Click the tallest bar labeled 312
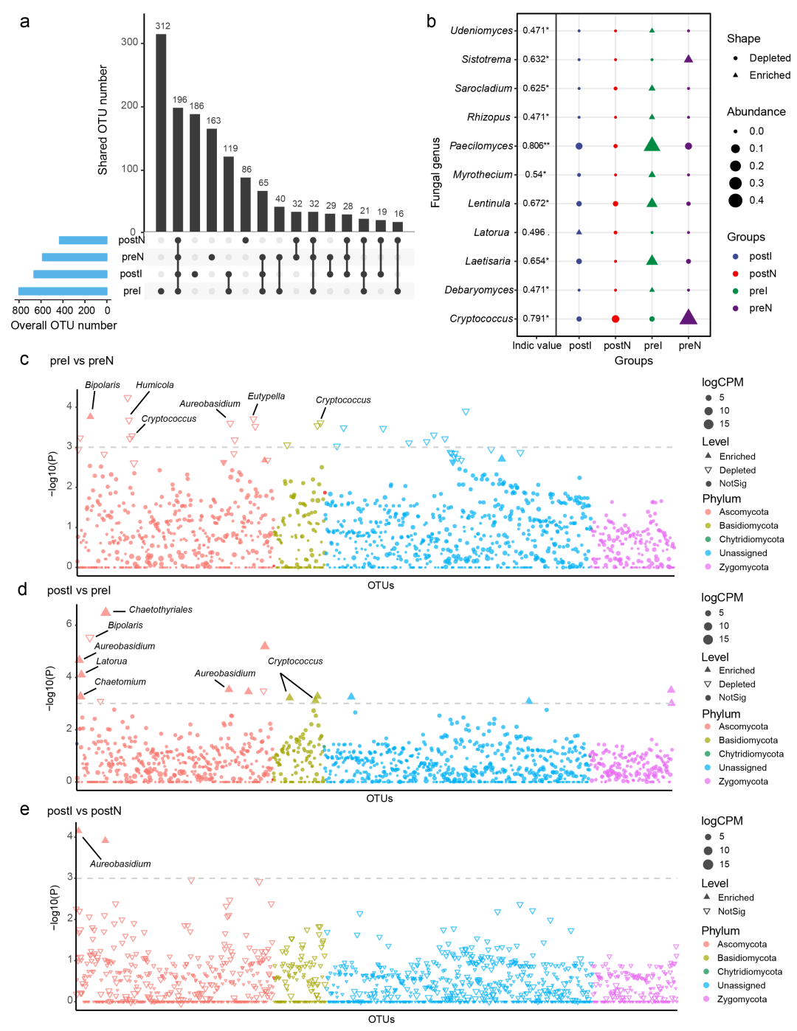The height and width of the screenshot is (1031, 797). [x=161, y=133]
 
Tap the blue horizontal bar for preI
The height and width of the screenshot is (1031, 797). [x=63, y=291]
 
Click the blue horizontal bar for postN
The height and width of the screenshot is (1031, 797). [x=83, y=240]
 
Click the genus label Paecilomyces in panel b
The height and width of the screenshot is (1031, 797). [x=480, y=146]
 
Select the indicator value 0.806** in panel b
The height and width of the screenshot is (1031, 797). [x=536, y=146]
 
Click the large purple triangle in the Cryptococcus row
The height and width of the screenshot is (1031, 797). [x=688, y=317]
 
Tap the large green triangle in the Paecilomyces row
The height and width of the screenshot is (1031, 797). [x=652, y=145]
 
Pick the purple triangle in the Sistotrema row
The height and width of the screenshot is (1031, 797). [x=688, y=59]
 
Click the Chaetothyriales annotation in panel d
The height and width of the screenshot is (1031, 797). [x=160, y=610]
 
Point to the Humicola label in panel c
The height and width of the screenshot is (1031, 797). [x=155, y=385]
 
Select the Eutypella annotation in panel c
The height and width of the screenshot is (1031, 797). [x=266, y=397]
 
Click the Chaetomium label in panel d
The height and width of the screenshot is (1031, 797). [x=120, y=682]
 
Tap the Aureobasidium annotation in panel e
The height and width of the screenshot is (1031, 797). [x=120, y=864]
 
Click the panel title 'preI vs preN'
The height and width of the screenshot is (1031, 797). [x=82, y=361]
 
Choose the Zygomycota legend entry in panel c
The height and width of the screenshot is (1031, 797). [x=743, y=567]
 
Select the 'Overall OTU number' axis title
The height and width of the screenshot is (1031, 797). [x=63, y=325]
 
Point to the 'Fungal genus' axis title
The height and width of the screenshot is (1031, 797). [x=435, y=172]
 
